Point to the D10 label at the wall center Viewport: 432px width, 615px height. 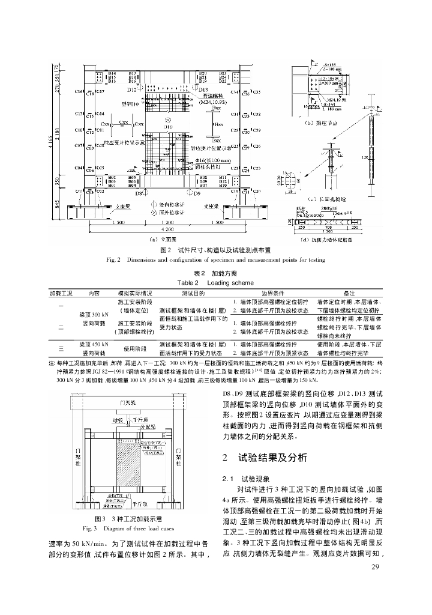coord(168,127)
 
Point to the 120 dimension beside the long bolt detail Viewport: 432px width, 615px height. coord(364,157)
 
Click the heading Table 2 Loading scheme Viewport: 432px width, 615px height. coord(215,282)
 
